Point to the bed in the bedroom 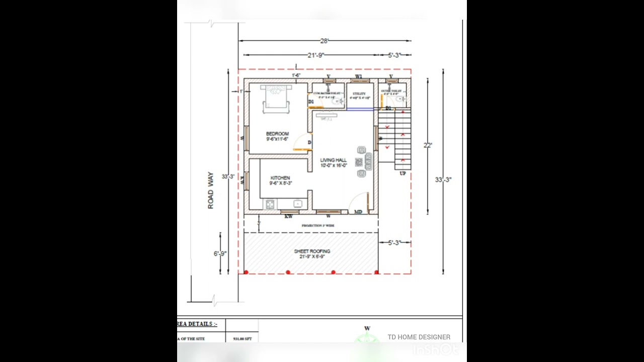coord(276,98)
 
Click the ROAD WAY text coord(210,191)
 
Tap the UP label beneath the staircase coord(403,173)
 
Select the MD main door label coord(358,212)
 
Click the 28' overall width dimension coord(325,41)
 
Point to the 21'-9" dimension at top coord(316,55)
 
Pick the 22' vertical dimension coord(428,145)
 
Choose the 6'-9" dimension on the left coord(220,254)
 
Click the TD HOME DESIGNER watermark coord(419,337)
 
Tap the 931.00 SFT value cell coord(242,339)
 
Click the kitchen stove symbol coord(270,204)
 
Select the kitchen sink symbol coord(297,204)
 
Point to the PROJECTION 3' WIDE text coord(318,226)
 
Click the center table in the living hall coord(359,162)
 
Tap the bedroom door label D coord(309,143)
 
